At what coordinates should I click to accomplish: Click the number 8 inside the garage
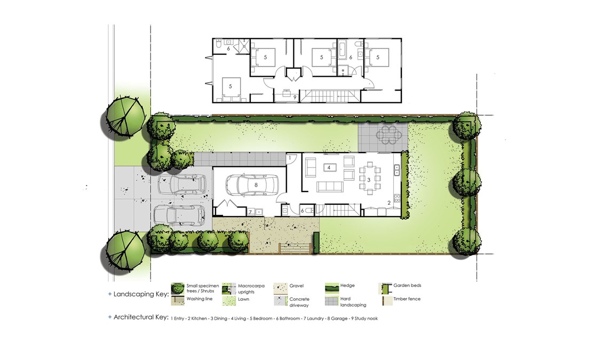[x=256, y=185]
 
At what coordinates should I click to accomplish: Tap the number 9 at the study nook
[x=295, y=98]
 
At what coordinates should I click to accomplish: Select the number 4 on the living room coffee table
[x=329, y=167]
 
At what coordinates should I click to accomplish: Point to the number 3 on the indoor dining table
[x=368, y=180]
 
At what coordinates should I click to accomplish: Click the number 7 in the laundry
[x=250, y=212]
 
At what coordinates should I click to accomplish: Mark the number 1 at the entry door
[x=290, y=158]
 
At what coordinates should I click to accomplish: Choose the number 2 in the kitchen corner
[x=389, y=203]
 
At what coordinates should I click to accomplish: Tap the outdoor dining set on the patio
[x=388, y=135]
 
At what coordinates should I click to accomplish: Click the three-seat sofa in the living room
[x=330, y=187]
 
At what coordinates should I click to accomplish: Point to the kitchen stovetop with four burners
[x=396, y=198]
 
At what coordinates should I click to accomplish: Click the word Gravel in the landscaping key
[x=297, y=286]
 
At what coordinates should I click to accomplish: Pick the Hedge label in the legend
[x=347, y=285]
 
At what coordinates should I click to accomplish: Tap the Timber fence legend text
[x=407, y=299]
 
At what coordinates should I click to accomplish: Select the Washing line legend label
[x=199, y=299]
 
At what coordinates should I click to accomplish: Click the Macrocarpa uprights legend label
[x=251, y=289]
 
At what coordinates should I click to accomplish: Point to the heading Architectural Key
[x=141, y=317]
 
